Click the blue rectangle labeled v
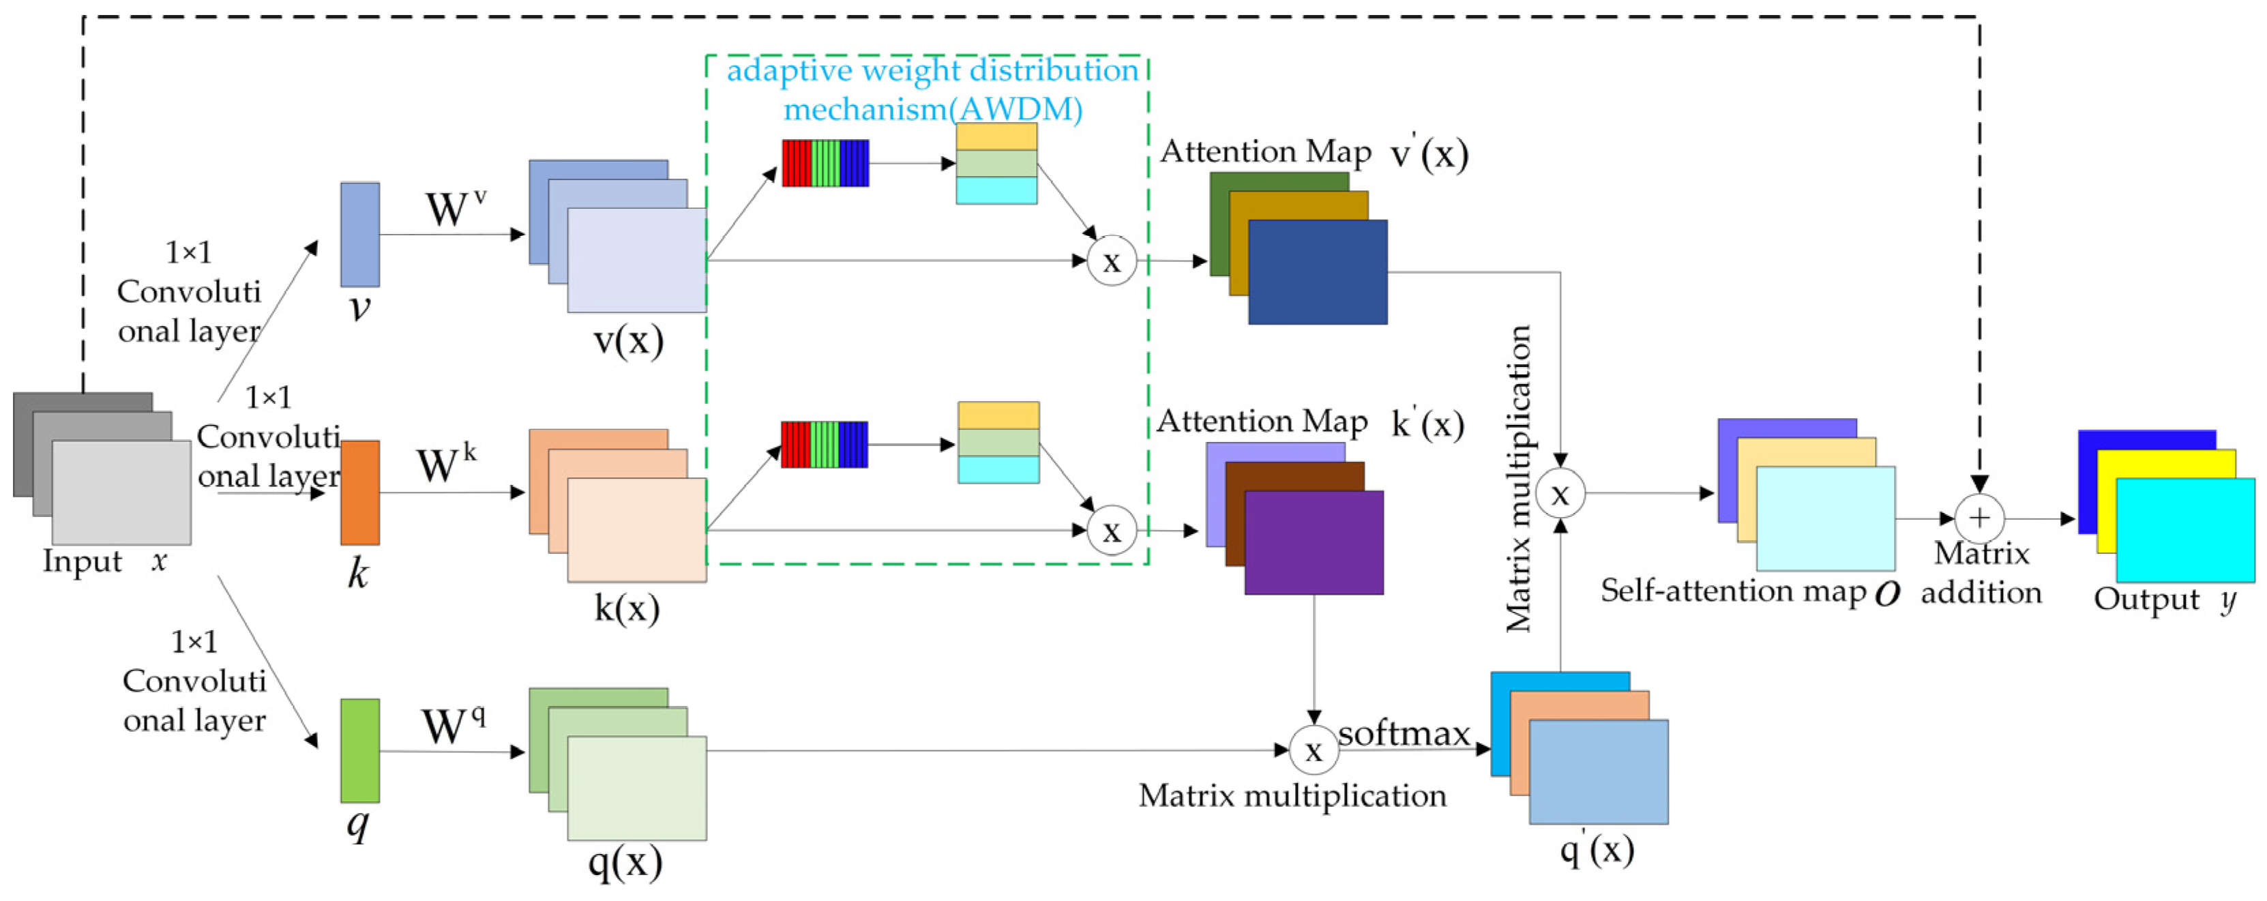click(x=360, y=234)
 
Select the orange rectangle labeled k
click(x=360, y=492)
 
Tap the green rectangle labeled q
click(x=360, y=750)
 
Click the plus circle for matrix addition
click(x=1979, y=518)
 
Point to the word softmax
click(x=1404, y=733)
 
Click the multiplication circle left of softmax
click(x=1313, y=750)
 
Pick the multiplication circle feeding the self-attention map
click(x=1560, y=494)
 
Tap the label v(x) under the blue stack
click(x=628, y=340)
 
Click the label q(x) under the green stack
click(x=625, y=862)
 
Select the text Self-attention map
click(x=1732, y=591)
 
